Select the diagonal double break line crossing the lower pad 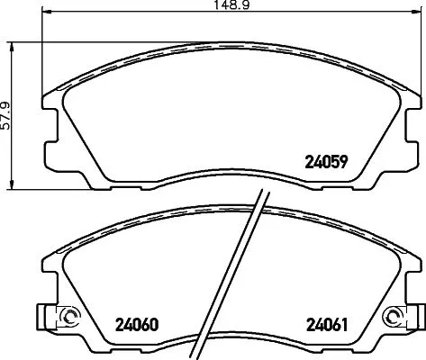(249, 279)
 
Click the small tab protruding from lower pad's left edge (42, 318)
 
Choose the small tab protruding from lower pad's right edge (415, 318)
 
